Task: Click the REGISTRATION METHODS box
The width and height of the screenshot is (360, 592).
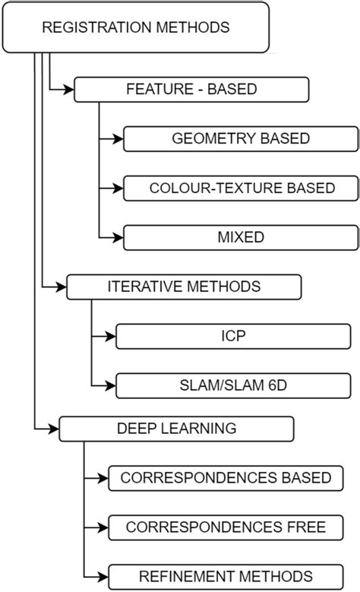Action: pyautogui.click(x=136, y=27)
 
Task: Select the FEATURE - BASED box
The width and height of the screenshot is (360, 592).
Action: pyautogui.click(x=191, y=90)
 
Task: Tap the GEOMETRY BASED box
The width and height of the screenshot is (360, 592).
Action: pyautogui.click(x=241, y=139)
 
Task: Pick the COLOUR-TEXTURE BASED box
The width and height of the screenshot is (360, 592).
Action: pyautogui.click(x=241, y=188)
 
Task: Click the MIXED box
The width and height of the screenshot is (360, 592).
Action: pyautogui.click(x=241, y=237)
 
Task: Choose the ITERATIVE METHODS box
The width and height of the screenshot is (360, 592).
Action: pyautogui.click(x=184, y=287)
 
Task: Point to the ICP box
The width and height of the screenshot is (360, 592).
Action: pyautogui.click(x=233, y=336)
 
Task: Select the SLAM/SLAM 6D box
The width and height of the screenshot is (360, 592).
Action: pyautogui.click(x=233, y=385)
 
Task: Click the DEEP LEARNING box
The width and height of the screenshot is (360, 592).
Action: pyautogui.click(x=176, y=429)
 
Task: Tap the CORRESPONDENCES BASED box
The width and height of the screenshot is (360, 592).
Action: pyautogui.click(x=226, y=478)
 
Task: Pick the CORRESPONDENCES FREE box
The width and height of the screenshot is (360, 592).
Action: pyautogui.click(x=226, y=527)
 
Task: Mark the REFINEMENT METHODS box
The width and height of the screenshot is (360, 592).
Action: pyautogui.click(x=226, y=575)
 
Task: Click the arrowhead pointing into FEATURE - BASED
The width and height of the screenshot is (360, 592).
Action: pyautogui.click(x=68, y=90)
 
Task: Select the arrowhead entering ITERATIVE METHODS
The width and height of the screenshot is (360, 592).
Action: pyautogui.click(x=61, y=287)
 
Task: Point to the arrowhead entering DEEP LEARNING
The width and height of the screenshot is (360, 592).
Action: pyautogui.click(x=53, y=429)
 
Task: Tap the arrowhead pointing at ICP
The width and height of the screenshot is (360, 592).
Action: pyautogui.click(x=110, y=336)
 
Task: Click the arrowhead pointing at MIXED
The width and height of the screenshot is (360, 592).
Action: pyautogui.click(x=118, y=237)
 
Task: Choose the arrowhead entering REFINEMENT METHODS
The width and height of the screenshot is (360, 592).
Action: pyautogui.click(x=103, y=575)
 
